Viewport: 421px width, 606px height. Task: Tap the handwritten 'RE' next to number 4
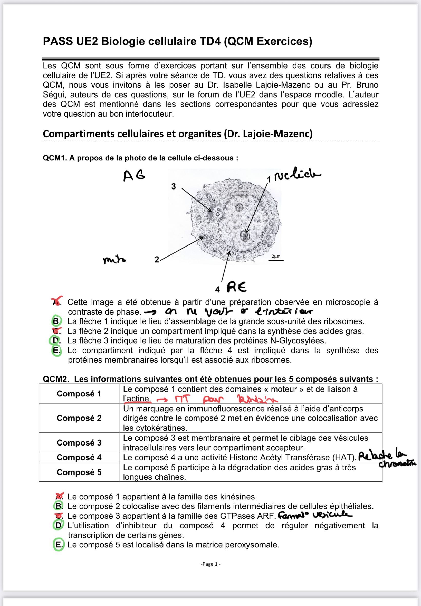click(236, 287)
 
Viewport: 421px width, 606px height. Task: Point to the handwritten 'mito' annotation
click(114, 260)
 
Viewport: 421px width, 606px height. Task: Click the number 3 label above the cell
click(173, 186)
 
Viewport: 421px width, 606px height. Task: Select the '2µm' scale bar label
click(276, 256)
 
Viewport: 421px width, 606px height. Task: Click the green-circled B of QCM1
click(56, 321)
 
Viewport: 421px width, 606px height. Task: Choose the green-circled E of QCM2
click(58, 545)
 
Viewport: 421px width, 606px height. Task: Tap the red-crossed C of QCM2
click(59, 516)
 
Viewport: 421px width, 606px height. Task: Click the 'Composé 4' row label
click(79, 457)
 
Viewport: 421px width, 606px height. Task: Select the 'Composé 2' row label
click(79, 418)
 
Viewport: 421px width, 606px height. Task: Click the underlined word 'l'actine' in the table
click(137, 399)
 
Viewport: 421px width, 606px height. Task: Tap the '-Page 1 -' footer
click(210, 564)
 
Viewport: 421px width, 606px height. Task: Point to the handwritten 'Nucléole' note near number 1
click(297, 175)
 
